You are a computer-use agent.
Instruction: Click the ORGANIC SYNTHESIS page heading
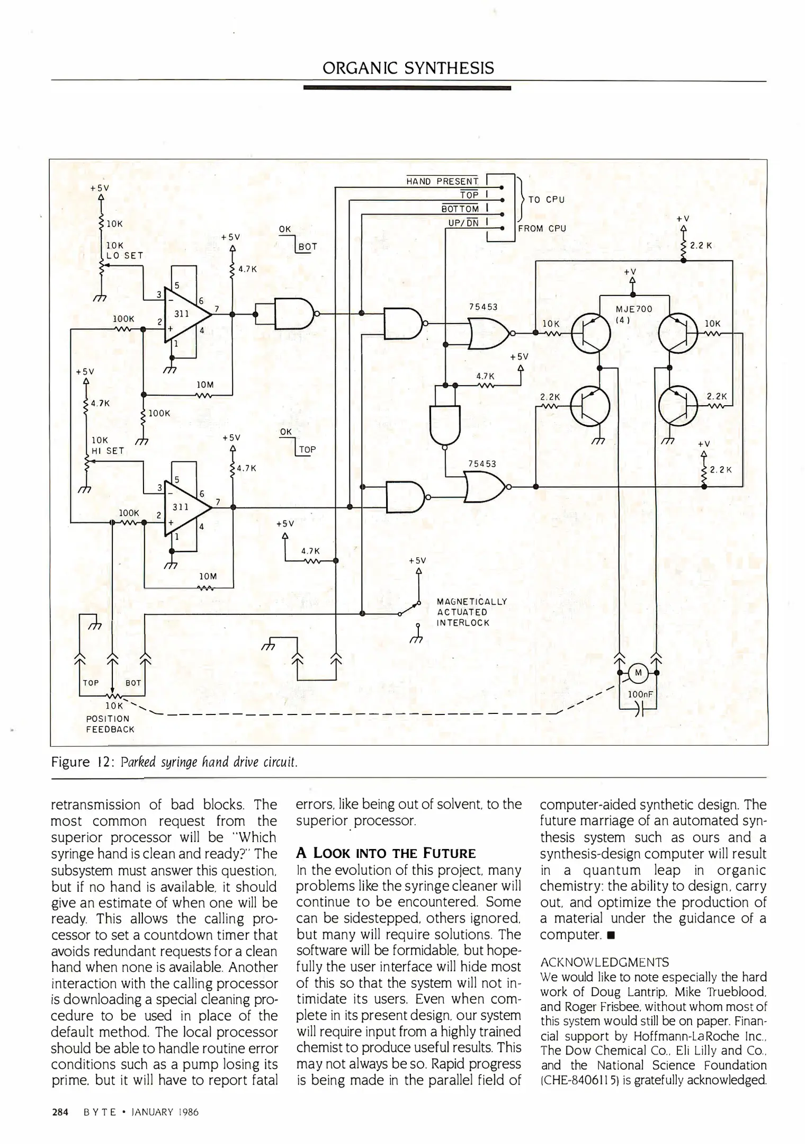[408, 68]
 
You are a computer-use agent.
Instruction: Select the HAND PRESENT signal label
[442, 182]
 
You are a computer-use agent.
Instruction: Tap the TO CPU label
[547, 200]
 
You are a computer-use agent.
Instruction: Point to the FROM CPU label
[542, 229]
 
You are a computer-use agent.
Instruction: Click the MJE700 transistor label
[634, 309]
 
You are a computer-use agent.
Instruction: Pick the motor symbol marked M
[638, 673]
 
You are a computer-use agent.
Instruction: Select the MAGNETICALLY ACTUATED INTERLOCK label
[471, 612]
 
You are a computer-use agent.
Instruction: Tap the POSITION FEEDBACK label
[110, 723]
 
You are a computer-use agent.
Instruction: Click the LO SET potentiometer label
[124, 255]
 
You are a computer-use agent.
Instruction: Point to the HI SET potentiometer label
[108, 451]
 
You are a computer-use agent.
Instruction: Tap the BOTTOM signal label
[460, 209]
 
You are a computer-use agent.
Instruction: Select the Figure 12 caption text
[174, 762]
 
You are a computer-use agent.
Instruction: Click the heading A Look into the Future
[386, 853]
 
